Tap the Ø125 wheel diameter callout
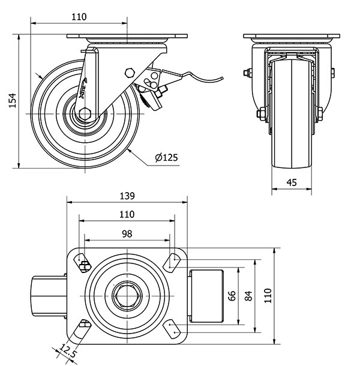coord(166,158)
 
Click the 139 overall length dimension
coord(127,196)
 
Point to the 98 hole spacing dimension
coord(127,233)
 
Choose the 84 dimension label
coord(248,295)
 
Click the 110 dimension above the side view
coord(79,17)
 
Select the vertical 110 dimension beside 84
coord(268,295)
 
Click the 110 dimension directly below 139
coord(127,214)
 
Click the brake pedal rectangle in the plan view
coord(206,295)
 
